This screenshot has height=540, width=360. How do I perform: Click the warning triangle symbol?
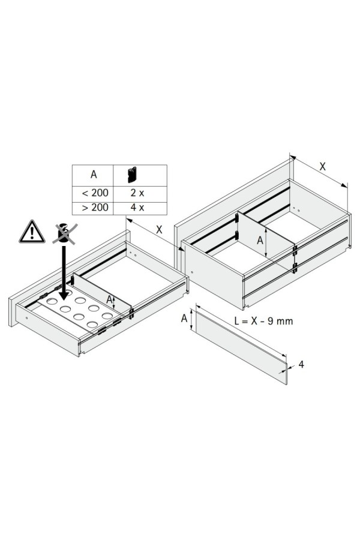click(32, 232)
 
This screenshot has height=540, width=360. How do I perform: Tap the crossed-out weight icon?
click(64, 233)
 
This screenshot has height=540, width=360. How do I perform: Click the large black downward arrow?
click(64, 272)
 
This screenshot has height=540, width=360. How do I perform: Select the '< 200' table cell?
click(92, 193)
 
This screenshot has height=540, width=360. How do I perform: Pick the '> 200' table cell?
click(92, 208)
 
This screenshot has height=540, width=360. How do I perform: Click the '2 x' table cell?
click(137, 193)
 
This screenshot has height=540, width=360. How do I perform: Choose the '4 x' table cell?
click(137, 208)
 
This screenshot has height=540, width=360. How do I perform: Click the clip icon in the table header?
click(132, 175)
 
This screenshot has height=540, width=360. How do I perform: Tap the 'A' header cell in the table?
click(93, 175)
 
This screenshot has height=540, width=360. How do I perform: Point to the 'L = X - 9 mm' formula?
click(263, 321)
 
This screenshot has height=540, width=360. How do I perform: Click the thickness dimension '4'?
click(301, 364)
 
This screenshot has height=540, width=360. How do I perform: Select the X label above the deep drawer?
click(322, 167)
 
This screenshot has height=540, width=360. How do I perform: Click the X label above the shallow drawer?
click(158, 229)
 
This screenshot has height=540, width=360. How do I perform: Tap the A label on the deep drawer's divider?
click(260, 240)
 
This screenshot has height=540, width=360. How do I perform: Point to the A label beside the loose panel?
click(184, 318)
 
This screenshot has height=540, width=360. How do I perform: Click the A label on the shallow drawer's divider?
click(109, 299)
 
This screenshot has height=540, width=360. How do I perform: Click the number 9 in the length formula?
click(271, 321)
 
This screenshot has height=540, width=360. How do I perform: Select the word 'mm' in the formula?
click(285, 322)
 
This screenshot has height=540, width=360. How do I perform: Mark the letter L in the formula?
click(237, 321)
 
